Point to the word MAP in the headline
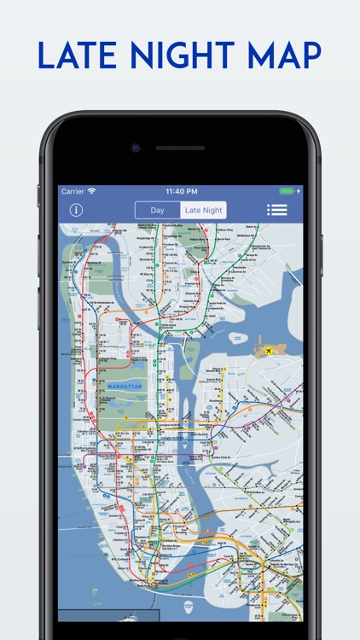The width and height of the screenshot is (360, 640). (x=282, y=55)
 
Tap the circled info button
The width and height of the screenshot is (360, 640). (x=76, y=210)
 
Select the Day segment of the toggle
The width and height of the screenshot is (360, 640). (x=158, y=210)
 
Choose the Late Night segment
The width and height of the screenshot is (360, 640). (x=204, y=210)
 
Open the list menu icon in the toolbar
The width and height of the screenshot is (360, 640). (x=277, y=210)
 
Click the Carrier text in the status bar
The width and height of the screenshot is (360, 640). (x=73, y=191)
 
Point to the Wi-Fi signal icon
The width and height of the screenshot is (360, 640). (x=91, y=191)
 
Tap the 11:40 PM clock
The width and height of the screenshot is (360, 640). (x=180, y=191)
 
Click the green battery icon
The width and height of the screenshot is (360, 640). (x=287, y=191)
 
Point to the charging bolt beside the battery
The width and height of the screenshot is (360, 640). (x=299, y=191)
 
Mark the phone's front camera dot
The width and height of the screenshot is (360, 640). (x=136, y=148)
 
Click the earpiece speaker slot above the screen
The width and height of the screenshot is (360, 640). (x=180, y=148)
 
